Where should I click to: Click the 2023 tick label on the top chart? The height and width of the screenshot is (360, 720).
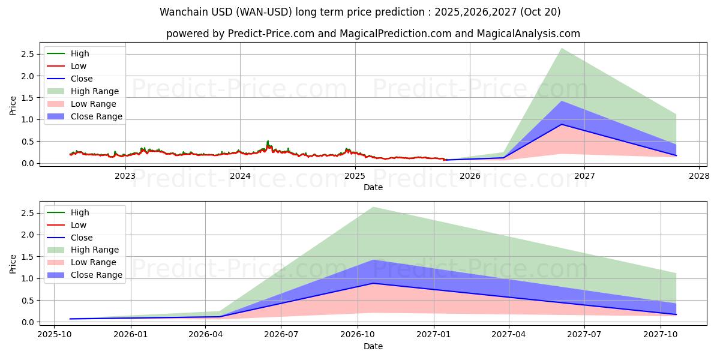click(125, 176)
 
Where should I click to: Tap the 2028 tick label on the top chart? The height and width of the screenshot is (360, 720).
click(699, 176)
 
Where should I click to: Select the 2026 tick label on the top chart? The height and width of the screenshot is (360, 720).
click(470, 176)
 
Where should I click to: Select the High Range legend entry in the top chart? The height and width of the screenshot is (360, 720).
click(95, 91)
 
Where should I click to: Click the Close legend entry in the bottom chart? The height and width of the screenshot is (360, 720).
click(82, 238)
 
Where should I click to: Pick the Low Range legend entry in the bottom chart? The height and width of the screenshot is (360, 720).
click(94, 262)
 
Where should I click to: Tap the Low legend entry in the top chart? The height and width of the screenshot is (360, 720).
click(79, 66)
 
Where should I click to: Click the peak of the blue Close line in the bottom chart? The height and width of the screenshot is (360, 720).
click(373, 283)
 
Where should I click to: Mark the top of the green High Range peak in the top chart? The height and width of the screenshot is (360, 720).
click(562, 49)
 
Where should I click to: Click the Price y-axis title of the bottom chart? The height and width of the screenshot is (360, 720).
click(13, 263)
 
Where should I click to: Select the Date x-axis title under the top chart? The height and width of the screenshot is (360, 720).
click(373, 187)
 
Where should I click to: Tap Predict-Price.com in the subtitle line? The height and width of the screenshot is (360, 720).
click(271, 34)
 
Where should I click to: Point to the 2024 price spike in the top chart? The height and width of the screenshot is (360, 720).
click(268, 142)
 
